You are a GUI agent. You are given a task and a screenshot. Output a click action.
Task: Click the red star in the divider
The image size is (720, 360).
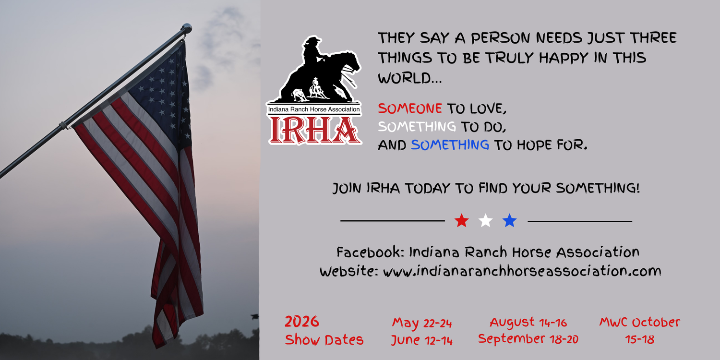pos(462,221)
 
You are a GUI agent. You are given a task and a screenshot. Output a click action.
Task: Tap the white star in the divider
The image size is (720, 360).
pos(485,221)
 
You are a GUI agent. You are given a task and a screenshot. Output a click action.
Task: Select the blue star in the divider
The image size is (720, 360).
pos(509,221)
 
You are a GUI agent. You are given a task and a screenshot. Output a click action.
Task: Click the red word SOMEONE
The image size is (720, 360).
pos(410,108)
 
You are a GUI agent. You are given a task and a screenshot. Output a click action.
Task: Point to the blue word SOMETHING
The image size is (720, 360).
pos(450,145)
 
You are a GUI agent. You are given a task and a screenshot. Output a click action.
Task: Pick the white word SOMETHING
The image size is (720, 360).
pos(417,127)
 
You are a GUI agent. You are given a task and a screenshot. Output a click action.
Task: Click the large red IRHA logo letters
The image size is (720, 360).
pos(314,130)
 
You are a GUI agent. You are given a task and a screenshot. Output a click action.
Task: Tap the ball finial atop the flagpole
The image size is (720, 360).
pos(186,28)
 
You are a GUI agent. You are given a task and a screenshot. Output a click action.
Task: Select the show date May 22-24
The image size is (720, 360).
pos(422,323)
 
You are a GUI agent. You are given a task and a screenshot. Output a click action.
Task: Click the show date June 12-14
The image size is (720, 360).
pos(422,340)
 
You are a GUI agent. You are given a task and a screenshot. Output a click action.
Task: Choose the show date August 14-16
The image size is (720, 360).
pos(528,322)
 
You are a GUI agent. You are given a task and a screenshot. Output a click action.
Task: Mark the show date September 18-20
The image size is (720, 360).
pos(528,339)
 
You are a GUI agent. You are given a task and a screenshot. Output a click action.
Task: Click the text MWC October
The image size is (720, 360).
pos(640,322)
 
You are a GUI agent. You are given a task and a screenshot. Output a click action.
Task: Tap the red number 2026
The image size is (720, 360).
pos(302,322)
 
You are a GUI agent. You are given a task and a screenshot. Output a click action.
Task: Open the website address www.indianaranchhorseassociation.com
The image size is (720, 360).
pos(522,271)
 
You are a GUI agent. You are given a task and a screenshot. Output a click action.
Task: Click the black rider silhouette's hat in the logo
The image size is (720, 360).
pos(312,40)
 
